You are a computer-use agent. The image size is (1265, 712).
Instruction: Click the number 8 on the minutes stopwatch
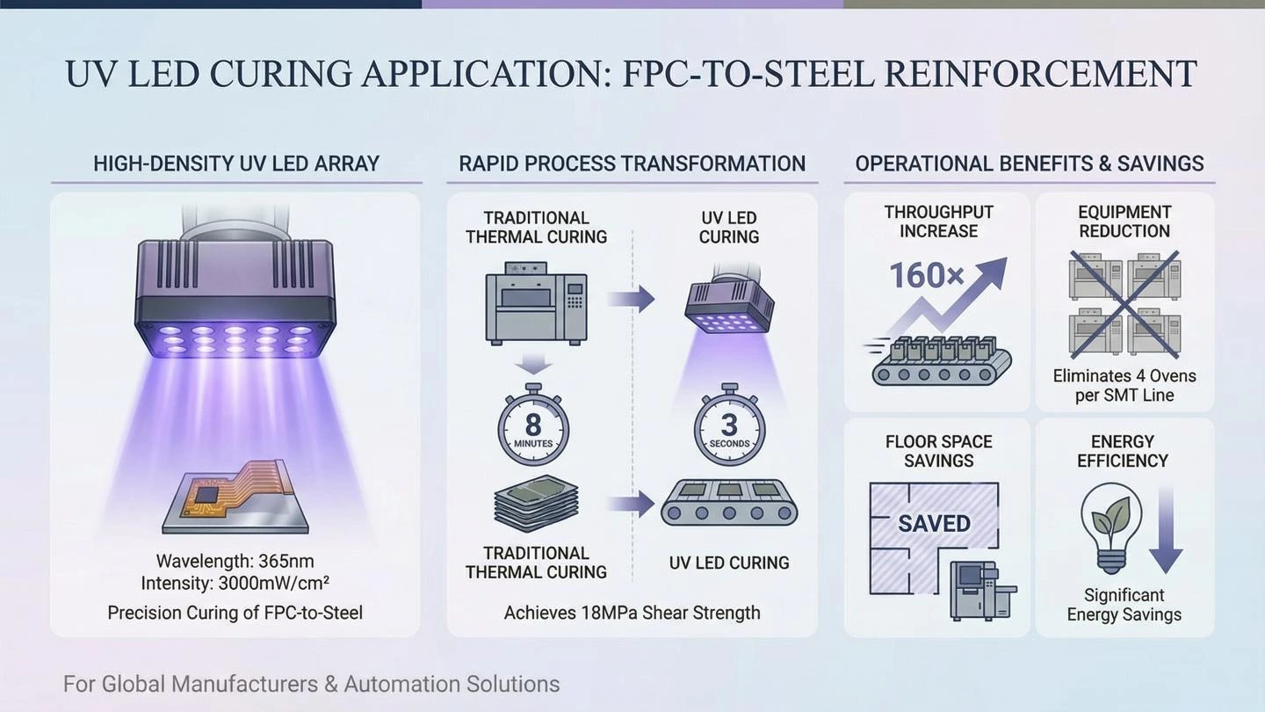pos(532,424)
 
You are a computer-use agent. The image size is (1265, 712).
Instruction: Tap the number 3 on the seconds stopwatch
pos(730,425)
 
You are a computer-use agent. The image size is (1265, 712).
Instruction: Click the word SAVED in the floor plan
pos(934,524)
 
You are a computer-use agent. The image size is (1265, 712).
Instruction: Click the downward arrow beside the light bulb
pos(1166,529)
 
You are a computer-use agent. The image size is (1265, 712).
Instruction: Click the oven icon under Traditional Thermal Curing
pos(536,303)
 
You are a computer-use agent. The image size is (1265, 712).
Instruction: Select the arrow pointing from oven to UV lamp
pos(631,298)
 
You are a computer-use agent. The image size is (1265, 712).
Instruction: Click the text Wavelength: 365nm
pos(235,561)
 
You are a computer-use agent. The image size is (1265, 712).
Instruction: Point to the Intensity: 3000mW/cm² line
pos(235,583)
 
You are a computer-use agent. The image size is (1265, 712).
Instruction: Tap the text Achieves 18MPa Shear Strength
pos(632,613)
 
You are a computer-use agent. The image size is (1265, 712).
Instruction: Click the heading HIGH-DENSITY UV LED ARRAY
pos(236,163)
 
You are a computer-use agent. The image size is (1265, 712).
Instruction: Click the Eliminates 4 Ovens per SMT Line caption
pos(1124,385)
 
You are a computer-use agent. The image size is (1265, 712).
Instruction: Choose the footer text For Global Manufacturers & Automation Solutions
pos(311,684)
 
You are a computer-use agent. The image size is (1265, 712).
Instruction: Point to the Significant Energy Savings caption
pos(1124,605)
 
